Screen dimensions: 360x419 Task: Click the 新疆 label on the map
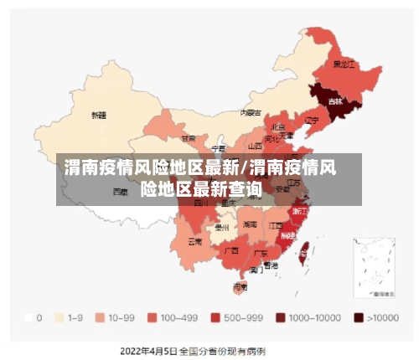click(99, 116)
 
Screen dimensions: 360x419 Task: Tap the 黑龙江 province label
click(344, 64)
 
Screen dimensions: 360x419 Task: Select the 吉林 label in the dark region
click(336, 101)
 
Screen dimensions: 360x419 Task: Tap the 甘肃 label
click(189, 139)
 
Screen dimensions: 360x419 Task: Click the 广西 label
click(230, 249)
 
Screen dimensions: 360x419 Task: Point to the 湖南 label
click(250, 224)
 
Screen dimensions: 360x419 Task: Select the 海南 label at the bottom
click(241, 286)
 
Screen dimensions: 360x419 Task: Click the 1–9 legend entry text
click(75, 318)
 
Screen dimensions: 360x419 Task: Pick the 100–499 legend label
click(178, 318)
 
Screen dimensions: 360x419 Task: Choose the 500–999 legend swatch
click(215, 318)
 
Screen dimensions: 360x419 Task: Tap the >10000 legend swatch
click(358, 318)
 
